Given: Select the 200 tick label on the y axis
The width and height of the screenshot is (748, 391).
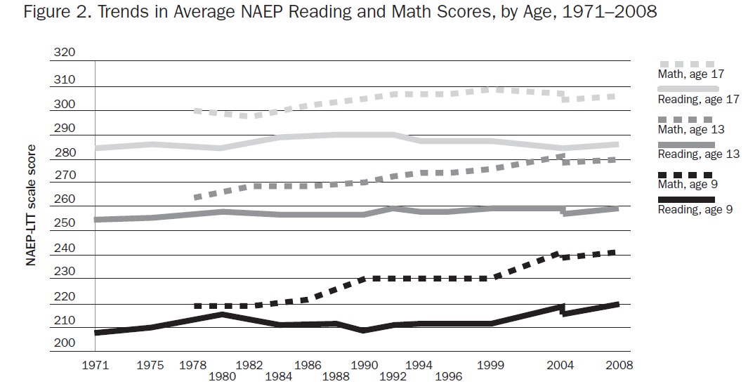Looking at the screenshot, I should (63, 343).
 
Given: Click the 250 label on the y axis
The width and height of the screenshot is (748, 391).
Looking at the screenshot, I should (63, 223).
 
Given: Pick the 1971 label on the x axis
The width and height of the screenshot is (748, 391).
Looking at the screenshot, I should (95, 365).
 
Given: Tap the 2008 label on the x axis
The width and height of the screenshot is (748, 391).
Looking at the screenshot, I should (619, 365).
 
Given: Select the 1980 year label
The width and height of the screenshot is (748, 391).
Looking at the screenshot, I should (221, 377).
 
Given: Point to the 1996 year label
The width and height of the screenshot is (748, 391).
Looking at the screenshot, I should (448, 377).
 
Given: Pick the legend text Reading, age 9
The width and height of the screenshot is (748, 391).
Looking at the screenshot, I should (695, 209).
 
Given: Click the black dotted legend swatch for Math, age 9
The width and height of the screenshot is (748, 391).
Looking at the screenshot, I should (685, 174).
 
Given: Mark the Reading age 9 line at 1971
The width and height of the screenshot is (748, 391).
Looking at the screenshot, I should (96, 332).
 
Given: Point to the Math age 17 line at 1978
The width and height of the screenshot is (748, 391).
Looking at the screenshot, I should (197, 111).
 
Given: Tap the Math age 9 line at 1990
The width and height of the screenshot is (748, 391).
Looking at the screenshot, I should (362, 279).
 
